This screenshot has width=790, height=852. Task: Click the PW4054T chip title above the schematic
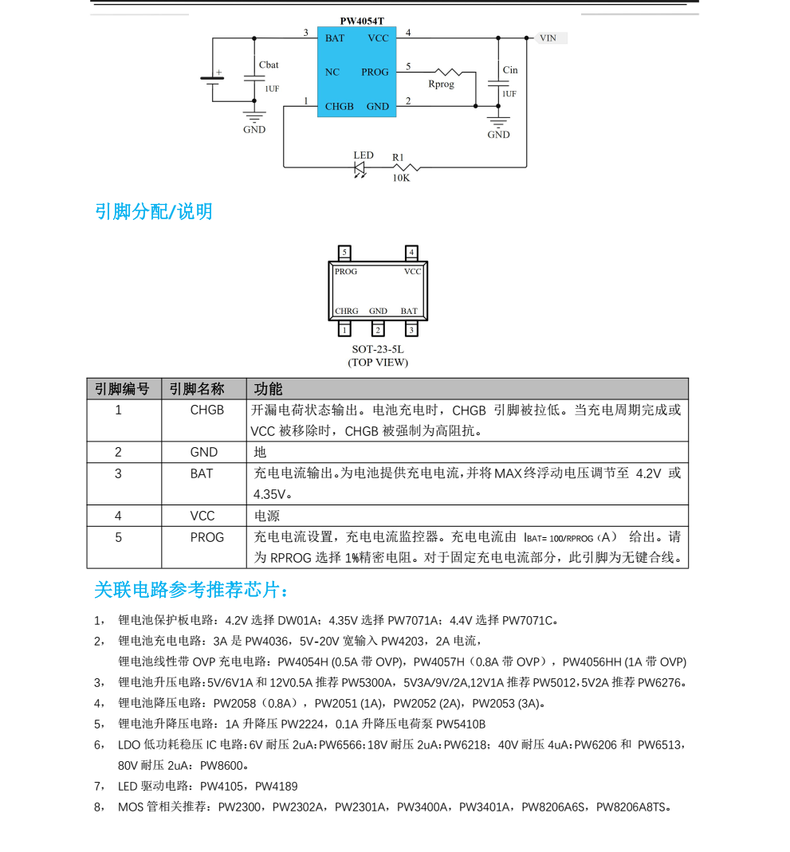[x=362, y=22]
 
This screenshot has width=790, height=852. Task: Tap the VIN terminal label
[x=548, y=38]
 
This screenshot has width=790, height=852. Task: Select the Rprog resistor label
[x=441, y=84]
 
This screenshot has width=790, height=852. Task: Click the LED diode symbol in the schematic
[x=360, y=169]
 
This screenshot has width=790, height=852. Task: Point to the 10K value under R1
[x=401, y=179]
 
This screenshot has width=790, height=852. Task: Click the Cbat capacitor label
[x=269, y=65]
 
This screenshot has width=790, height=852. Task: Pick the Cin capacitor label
[x=510, y=70]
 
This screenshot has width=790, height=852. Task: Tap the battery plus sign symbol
[x=219, y=73]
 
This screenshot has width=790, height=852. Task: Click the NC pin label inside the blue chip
[x=332, y=73]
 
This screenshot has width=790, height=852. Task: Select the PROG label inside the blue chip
[x=375, y=73]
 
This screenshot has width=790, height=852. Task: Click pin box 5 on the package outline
[x=344, y=253]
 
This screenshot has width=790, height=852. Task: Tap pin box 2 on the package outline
[x=378, y=329]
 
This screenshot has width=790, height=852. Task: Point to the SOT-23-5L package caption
[x=378, y=349]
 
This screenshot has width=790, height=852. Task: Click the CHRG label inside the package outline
[x=347, y=311]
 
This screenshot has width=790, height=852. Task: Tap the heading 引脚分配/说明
[x=153, y=211]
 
